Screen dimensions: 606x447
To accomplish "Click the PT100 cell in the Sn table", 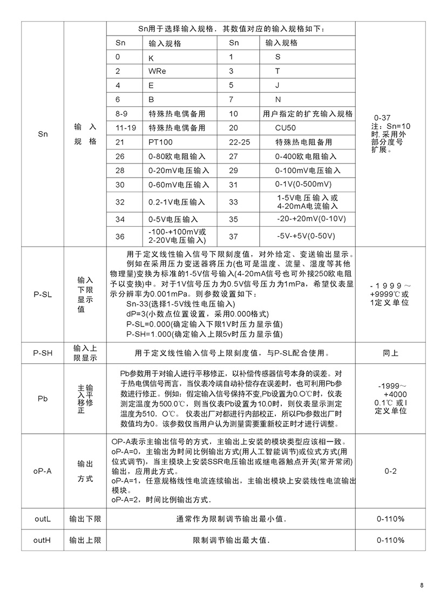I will click(x=160, y=142).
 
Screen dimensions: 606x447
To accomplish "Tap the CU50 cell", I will click(x=286, y=128).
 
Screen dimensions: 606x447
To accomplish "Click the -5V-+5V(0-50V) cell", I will click(x=306, y=236).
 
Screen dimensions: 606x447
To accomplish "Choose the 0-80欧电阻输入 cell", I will click(x=177, y=156).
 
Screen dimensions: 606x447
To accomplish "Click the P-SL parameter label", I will click(x=43, y=295).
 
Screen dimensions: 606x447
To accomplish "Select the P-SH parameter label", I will click(x=43, y=353).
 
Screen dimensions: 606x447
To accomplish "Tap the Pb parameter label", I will click(x=43, y=399).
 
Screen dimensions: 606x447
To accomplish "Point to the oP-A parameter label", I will click(x=43, y=471).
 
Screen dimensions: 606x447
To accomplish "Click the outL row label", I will click(x=43, y=519).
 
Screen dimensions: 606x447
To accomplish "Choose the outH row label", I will click(x=43, y=540).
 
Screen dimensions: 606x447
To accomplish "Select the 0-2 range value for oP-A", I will click(x=390, y=471).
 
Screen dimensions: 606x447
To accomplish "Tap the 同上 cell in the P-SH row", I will click(x=390, y=353).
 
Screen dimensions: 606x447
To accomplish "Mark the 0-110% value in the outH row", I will click(x=390, y=540).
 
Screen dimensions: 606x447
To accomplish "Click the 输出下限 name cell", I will click(x=85, y=519).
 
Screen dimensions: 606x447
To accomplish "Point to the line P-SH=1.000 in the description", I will click(x=204, y=334).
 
